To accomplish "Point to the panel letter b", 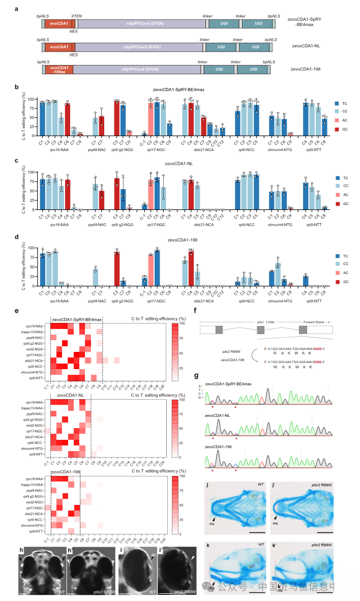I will tap(17, 86).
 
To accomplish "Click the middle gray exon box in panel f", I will tap(260, 330).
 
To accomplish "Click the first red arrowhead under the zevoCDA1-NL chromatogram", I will tap(213, 437).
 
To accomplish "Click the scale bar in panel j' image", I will tap(323, 532).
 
